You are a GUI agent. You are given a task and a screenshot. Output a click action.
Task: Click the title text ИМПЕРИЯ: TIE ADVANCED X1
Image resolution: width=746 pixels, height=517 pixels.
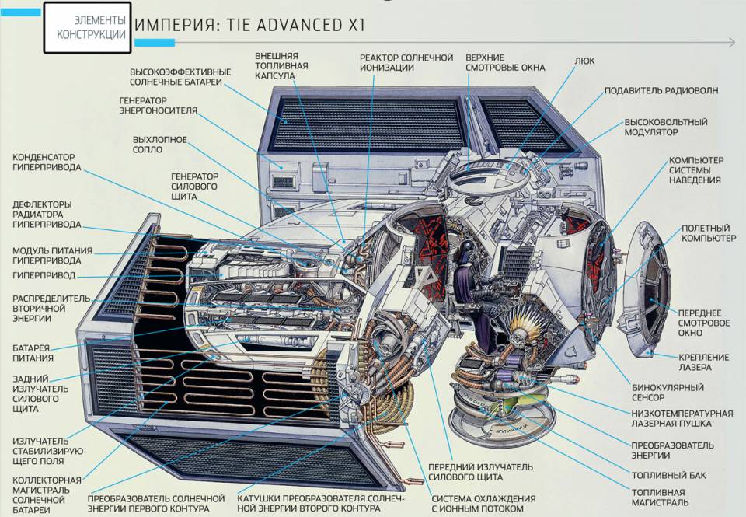pyautogui.click(x=250, y=25)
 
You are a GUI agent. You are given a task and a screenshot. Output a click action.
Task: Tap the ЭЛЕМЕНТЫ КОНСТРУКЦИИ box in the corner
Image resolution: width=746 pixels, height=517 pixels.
pyautogui.click(x=87, y=27)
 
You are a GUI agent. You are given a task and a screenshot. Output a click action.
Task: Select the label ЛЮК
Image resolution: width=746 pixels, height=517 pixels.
pyautogui.click(x=584, y=61)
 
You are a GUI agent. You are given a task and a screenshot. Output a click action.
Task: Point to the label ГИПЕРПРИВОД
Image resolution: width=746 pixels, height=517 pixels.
pyautogui.click(x=44, y=276)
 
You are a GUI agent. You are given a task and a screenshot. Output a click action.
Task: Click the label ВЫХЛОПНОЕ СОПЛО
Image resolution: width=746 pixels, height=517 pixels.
pyautogui.click(x=160, y=145)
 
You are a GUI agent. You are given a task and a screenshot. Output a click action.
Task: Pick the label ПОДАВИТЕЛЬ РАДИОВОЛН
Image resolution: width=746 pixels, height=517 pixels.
pyautogui.click(x=661, y=90)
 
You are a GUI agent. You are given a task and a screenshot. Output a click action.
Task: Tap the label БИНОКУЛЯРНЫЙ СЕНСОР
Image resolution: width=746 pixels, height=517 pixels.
pyautogui.click(x=668, y=393)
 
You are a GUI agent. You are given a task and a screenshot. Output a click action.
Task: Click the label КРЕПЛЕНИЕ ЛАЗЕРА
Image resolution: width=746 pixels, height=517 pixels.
pyautogui.click(x=703, y=362)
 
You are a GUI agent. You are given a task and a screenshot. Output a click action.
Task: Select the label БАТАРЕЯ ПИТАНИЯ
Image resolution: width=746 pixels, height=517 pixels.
pyautogui.click(x=33, y=353)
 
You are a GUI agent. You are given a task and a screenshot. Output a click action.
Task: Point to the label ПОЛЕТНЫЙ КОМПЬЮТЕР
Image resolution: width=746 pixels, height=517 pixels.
pyautogui.click(x=709, y=233)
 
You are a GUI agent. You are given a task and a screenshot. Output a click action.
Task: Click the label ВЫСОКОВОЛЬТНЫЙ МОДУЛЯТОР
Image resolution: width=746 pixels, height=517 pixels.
pyautogui.click(x=666, y=127)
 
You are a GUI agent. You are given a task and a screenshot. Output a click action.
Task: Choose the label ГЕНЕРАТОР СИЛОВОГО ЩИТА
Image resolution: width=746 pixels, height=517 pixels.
pyautogui.click(x=194, y=187)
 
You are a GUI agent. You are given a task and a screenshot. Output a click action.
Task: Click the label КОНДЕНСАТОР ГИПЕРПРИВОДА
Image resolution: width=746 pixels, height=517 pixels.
pyautogui.click(x=47, y=162)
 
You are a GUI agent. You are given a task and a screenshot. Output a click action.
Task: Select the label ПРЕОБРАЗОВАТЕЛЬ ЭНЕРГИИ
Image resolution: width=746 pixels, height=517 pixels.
pyautogui.click(x=672, y=450)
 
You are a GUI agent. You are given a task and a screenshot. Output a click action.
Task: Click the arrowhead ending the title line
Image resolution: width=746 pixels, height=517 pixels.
pyautogui.click(x=732, y=43)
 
